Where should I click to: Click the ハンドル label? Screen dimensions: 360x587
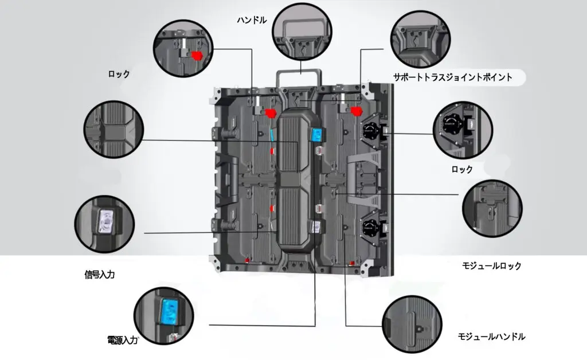click(x=252, y=20)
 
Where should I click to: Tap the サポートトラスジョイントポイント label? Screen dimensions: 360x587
click(x=452, y=77)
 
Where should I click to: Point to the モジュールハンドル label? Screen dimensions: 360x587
click(x=492, y=336)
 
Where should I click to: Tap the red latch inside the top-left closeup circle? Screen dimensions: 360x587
click(x=197, y=55)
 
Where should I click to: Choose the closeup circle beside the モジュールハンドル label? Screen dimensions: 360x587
click(x=412, y=323)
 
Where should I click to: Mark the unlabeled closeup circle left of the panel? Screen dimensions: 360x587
click(x=112, y=130)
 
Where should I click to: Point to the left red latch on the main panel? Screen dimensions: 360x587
click(x=269, y=112)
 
